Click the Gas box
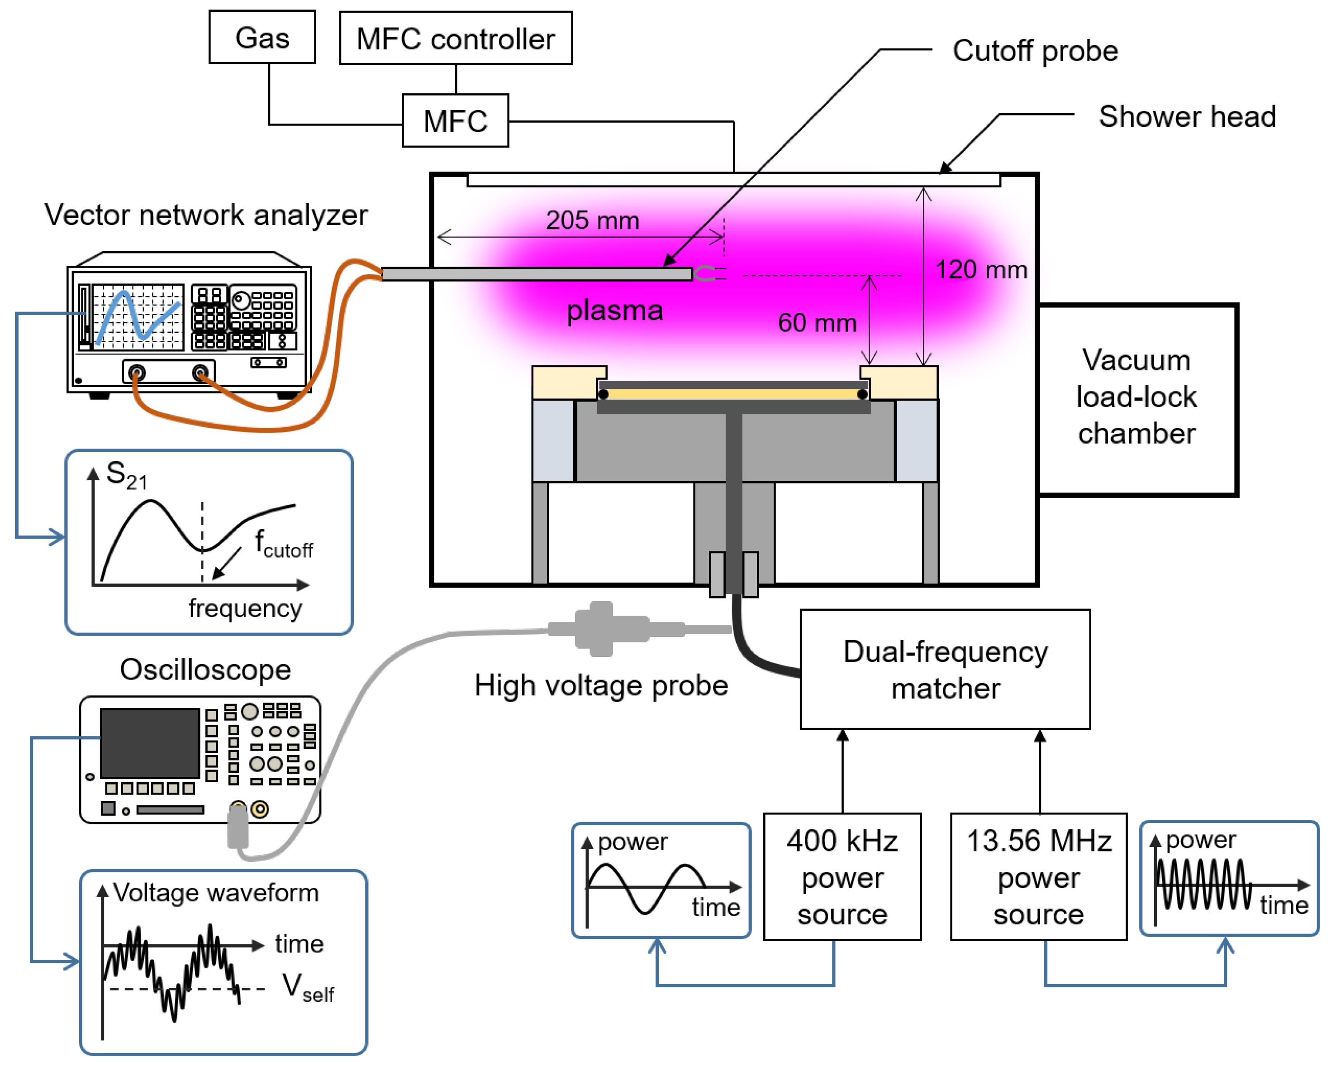(x=262, y=37)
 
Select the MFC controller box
(x=456, y=38)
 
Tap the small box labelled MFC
(x=456, y=121)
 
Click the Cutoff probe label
(x=1035, y=51)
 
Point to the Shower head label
(x=1187, y=116)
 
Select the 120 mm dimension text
(x=981, y=270)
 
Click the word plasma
(x=615, y=311)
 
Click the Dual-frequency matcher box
(x=945, y=670)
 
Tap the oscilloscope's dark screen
(x=150, y=743)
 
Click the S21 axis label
(x=126, y=475)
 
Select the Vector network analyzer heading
(x=206, y=215)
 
